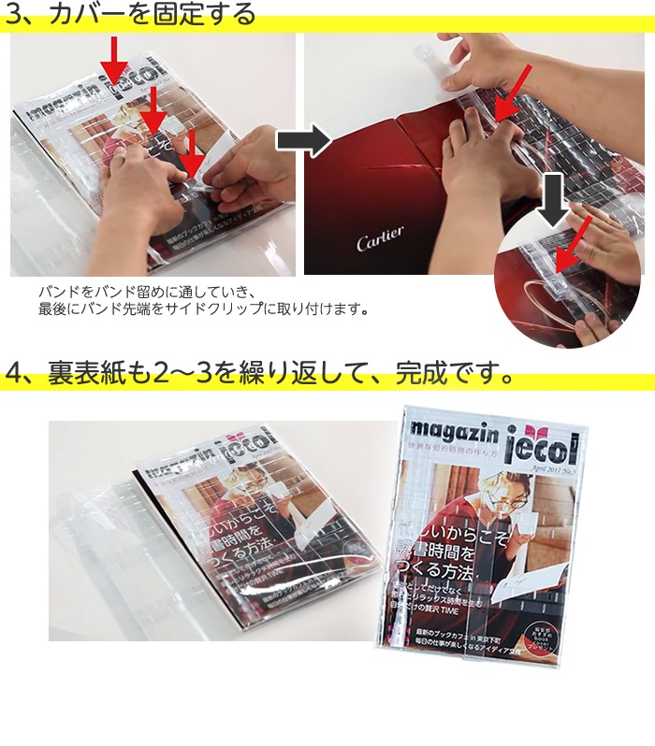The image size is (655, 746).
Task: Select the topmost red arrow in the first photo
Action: tap(113, 62)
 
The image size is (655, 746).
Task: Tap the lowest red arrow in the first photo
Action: tap(192, 155)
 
